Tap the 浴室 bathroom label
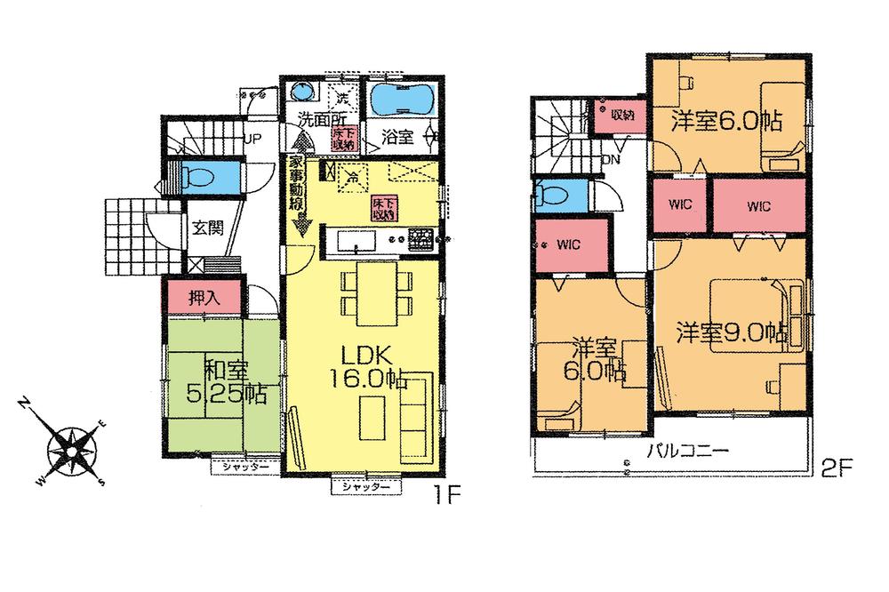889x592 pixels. (396, 138)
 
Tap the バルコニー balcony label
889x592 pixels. (688, 451)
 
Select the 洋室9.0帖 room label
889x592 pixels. (730, 334)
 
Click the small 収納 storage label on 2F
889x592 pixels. (621, 114)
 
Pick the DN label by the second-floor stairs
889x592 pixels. (611, 159)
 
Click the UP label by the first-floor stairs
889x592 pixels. (252, 140)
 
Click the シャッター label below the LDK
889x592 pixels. (365, 487)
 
